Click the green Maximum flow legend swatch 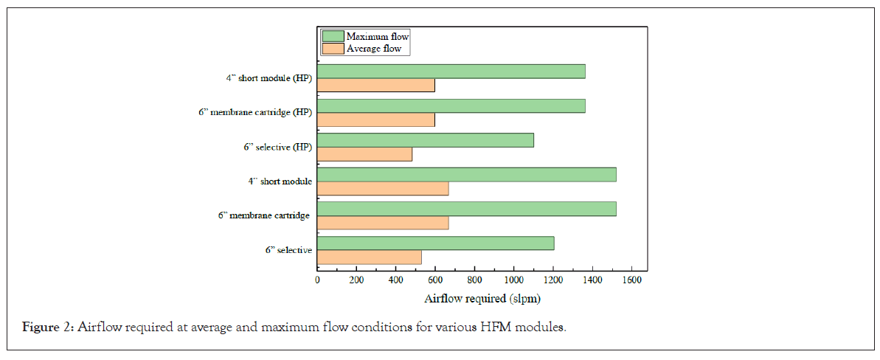click(x=333, y=35)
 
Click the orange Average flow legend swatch click(x=333, y=49)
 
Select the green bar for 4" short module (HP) click(x=451, y=71)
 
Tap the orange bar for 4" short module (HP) click(x=376, y=85)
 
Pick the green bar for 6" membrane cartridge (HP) click(x=451, y=105)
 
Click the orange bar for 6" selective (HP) click(x=364, y=154)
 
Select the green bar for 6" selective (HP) click(x=426, y=140)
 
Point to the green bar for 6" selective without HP click(x=435, y=243)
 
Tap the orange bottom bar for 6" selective click(x=370, y=257)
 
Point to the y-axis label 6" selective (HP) click(x=278, y=147)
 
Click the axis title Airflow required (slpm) click(x=482, y=299)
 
